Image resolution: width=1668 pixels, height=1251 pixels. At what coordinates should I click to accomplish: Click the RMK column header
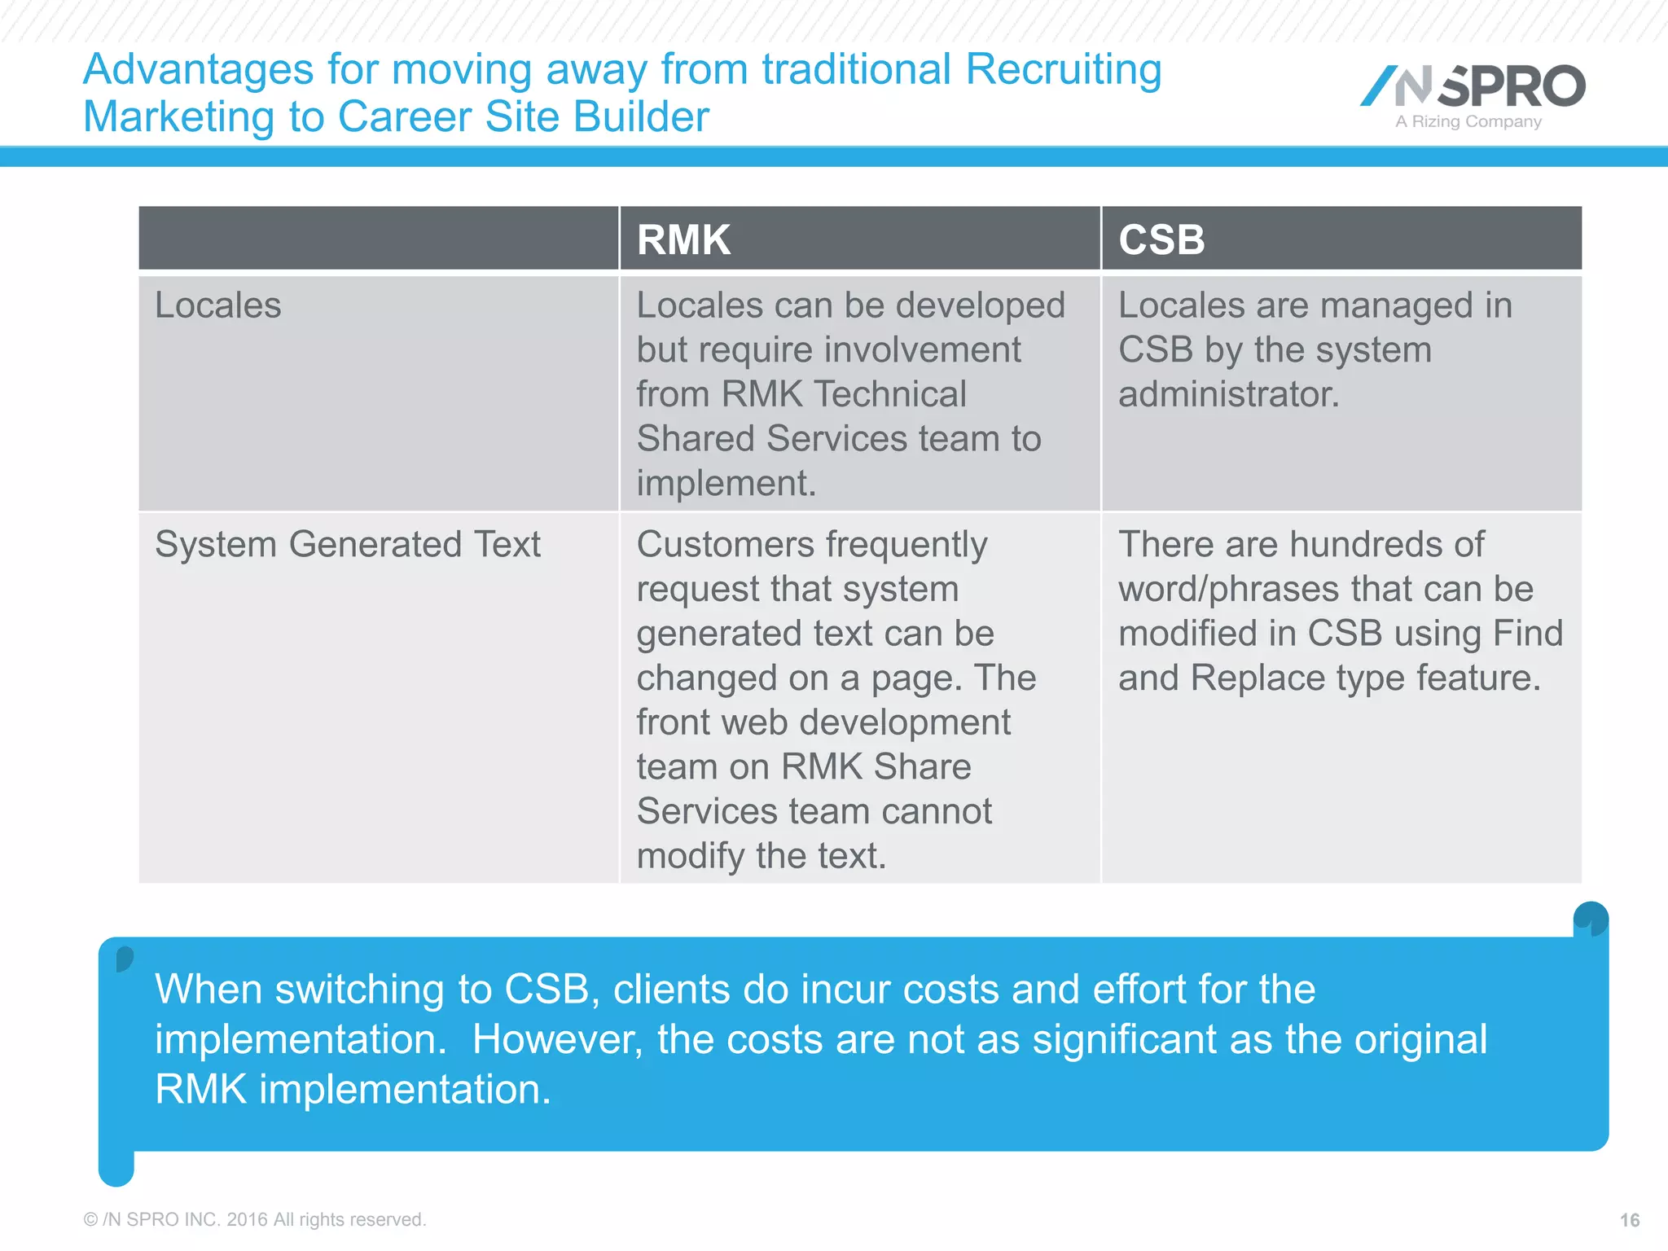[683, 239]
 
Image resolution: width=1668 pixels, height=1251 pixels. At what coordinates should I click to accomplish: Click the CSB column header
[1161, 239]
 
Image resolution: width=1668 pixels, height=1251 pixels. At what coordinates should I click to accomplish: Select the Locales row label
[217, 306]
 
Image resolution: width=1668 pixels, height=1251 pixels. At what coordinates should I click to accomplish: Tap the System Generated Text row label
[347, 544]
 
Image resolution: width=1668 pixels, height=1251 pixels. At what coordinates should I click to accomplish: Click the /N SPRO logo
[1473, 86]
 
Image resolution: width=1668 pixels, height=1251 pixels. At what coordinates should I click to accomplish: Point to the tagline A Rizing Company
[1468, 122]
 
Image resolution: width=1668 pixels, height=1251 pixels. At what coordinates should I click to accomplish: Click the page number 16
[1629, 1220]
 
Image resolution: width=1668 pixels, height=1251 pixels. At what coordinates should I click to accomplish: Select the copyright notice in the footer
[255, 1220]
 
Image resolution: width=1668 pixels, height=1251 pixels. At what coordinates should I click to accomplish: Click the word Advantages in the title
[199, 70]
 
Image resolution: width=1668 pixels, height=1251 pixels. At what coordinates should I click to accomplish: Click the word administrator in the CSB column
[1227, 395]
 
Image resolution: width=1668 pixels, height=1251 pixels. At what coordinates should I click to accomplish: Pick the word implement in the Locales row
[725, 484]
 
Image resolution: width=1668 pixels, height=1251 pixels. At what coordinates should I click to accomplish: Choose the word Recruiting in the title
[1063, 70]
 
